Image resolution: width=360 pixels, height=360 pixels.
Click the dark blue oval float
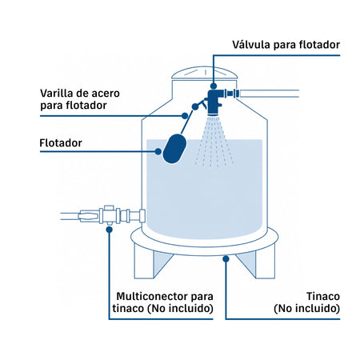click(174, 149)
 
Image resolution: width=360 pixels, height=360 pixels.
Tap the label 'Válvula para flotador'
click(286, 45)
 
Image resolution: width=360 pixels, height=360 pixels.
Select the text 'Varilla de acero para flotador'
click(80, 99)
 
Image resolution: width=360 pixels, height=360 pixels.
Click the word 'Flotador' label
click(61, 143)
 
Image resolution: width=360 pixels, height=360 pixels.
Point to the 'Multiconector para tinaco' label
click(162, 302)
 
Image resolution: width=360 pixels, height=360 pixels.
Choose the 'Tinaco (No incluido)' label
click(306, 302)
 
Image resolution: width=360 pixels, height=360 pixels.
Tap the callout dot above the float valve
click(214, 86)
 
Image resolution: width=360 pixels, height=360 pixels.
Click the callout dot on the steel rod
click(185, 116)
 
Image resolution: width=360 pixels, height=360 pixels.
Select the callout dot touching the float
click(158, 151)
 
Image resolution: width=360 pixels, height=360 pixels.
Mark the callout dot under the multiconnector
click(109, 230)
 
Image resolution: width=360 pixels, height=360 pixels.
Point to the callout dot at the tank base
click(226, 258)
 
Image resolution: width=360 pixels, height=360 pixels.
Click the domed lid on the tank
click(204, 73)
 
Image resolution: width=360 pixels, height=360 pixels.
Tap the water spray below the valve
click(214, 142)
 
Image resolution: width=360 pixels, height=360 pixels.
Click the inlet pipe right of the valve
click(269, 94)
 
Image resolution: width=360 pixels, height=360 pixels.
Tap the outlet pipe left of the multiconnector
click(70, 216)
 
